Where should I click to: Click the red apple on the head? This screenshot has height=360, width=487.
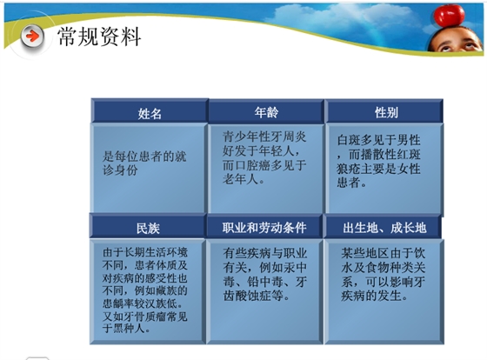pyautogui.click(x=449, y=14)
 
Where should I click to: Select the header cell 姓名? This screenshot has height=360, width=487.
pyautogui.click(x=150, y=113)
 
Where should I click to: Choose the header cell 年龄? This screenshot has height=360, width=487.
pyautogui.click(x=266, y=112)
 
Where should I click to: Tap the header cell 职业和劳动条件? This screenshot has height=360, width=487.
pyautogui.click(x=265, y=228)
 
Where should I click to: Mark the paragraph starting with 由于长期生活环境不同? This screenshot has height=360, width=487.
pyautogui.click(x=144, y=288)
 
